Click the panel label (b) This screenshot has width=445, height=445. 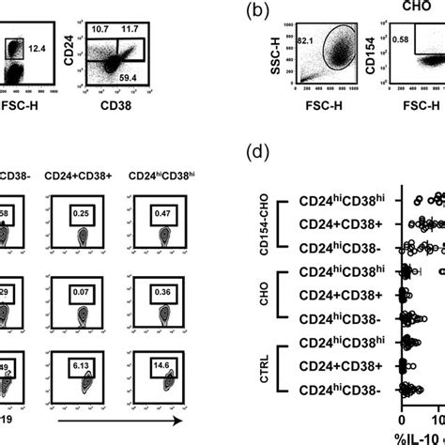[x=261, y=14]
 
